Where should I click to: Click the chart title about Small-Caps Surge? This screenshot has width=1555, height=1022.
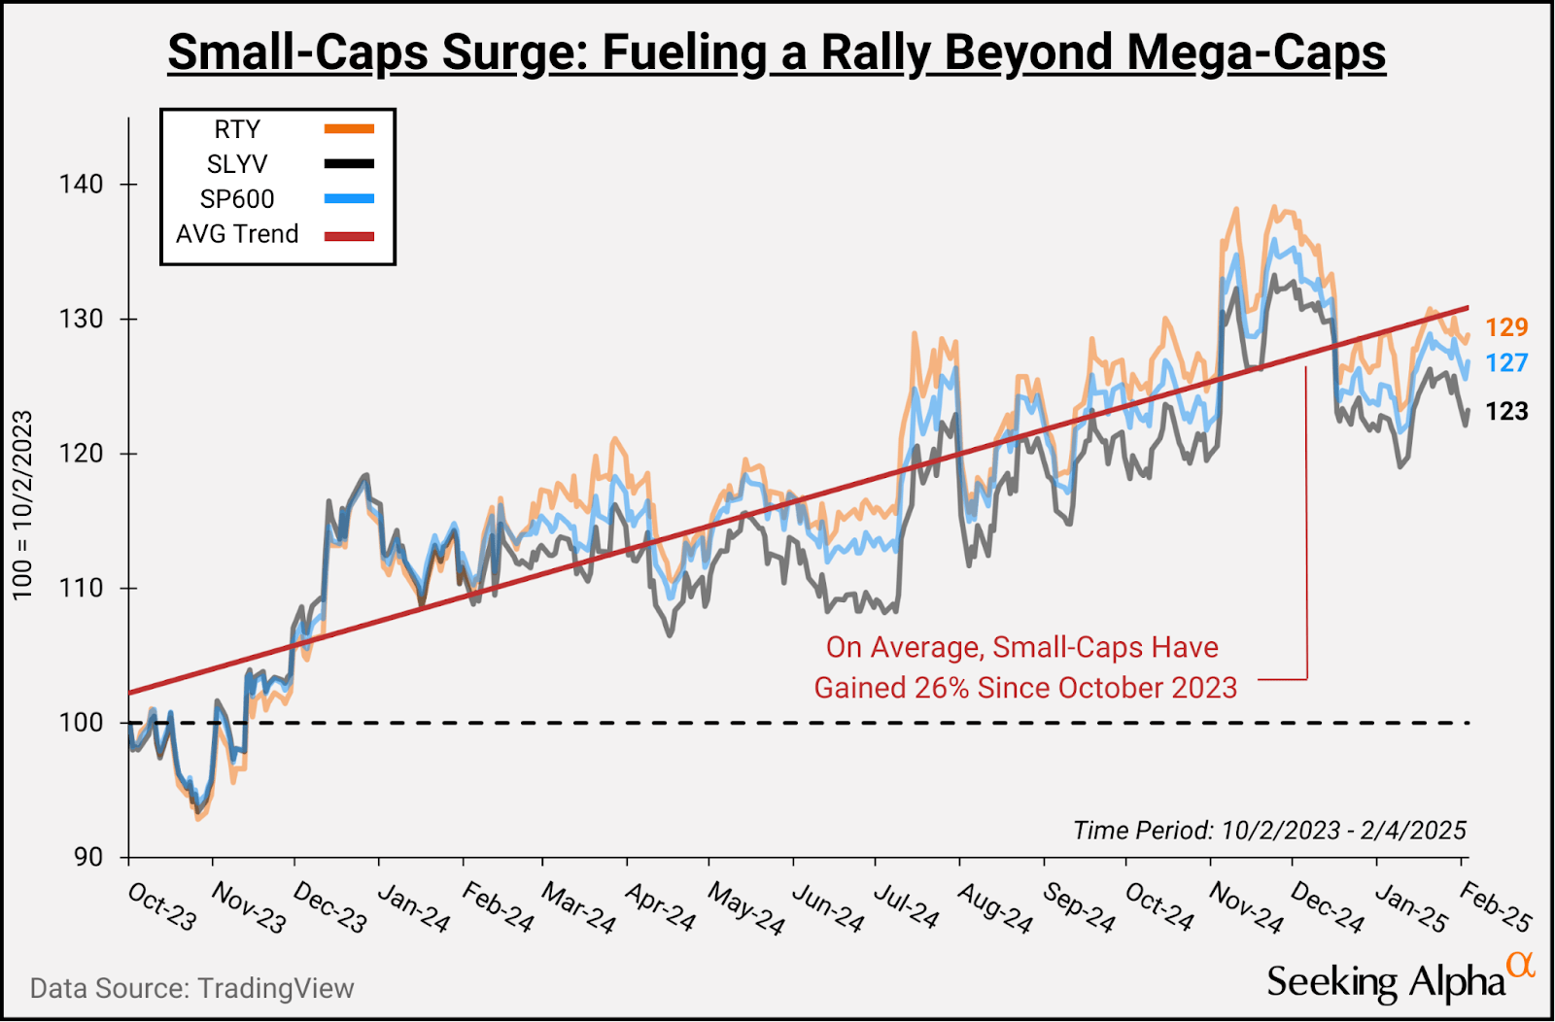click(x=777, y=52)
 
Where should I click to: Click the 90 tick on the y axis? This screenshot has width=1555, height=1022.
click(x=87, y=857)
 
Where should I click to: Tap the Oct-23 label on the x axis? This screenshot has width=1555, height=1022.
click(x=162, y=906)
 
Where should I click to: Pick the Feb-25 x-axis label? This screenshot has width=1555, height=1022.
click(x=1496, y=906)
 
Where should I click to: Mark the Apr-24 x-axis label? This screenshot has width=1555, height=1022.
click(x=661, y=906)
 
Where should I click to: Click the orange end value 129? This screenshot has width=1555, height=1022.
click(x=1506, y=327)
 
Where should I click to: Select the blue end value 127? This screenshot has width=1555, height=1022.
click(x=1506, y=363)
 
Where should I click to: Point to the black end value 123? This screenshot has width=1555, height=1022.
click(x=1506, y=412)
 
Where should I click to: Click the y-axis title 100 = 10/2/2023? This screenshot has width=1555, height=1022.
click(x=22, y=505)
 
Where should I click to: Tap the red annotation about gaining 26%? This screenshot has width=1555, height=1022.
click(x=1024, y=667)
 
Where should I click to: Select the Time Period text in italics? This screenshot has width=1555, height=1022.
click(x=1269, y=830)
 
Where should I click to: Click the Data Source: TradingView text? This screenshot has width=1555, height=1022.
click(x=191, y=988)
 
